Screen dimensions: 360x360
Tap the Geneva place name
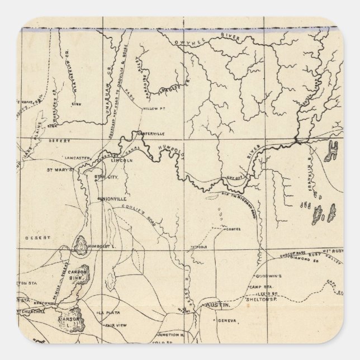[x=226, y=321]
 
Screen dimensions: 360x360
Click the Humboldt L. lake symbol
[x=80, y=244]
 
